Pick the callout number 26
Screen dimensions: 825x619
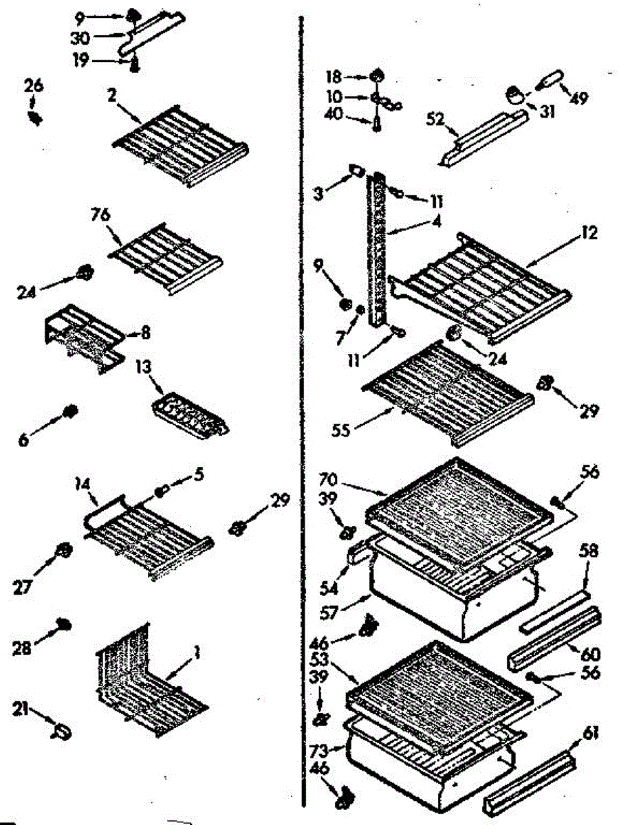(x=34, y=87)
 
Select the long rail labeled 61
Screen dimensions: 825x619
(x=530, y=784)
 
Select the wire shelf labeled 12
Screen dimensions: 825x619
(x=481, y=285)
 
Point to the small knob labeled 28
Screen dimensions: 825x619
(x=64, y=624)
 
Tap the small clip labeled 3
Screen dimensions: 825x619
(x=355, y=168)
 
